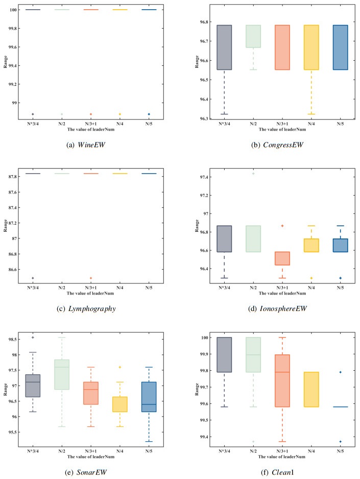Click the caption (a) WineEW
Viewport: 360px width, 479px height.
point(90,145)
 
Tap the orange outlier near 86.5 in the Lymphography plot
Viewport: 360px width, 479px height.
point(91,278)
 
